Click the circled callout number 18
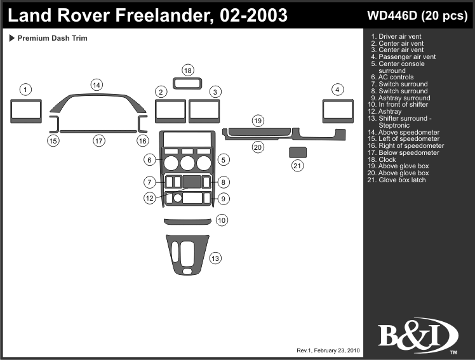pos(188,70)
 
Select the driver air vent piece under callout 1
pos(26,111)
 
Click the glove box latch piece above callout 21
pos(297,152)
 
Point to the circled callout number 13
pos(216,258)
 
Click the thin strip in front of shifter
pos(188,221)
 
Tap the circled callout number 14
pos(97,85)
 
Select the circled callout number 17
pos(98,141)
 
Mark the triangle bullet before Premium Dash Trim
pos(12,38)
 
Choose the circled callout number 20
pos(258,147)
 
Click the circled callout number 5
pos(224,159)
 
